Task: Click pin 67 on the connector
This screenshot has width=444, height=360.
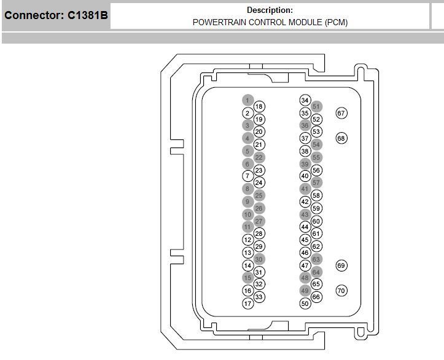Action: coord(341,113)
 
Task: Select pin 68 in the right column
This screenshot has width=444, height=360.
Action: coord(341,138)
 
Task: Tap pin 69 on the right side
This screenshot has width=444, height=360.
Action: coord(341,265)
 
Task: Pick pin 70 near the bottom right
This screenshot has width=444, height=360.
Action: coord(341,291)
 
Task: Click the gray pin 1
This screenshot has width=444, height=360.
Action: coord(247,100)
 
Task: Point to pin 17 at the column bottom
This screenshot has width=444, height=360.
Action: coord(247,303)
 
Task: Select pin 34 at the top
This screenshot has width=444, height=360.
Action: coord(305,100)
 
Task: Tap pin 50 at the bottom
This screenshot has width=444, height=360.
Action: coord(305,303)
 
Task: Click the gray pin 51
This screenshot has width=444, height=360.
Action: coord(316,107)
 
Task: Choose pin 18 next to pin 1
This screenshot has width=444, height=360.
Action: coord(259,107)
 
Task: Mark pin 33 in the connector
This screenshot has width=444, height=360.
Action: coord(259,297)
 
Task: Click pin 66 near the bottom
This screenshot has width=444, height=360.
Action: coord(316,297)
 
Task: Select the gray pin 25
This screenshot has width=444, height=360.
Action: coord(259,195)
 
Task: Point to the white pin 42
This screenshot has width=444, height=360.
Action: coord(305,202)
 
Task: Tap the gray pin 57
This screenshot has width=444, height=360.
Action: coord(316,182)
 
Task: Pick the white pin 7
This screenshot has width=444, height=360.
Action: coord(247,176)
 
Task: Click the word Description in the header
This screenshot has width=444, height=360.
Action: coord(269,10)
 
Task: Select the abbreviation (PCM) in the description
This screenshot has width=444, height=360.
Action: coord(334,22)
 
